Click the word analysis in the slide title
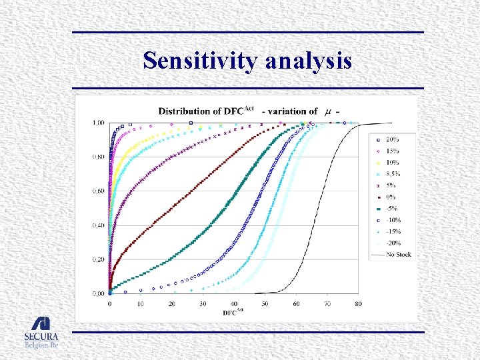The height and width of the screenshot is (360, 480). tap(309, 61)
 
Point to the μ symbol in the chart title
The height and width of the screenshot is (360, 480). tap(328, 111)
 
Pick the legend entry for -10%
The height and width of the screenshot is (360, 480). tap(393, 220)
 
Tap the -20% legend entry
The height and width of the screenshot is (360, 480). tap(393, 243)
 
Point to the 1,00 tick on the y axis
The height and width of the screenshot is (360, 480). tap(98, 123)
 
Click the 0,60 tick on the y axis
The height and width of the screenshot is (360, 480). tap(98, 191)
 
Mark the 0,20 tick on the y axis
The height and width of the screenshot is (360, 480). tap(98, 259)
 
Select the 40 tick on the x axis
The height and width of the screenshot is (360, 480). tap(234, 304)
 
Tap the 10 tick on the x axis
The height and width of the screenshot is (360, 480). tap(141, 304)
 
